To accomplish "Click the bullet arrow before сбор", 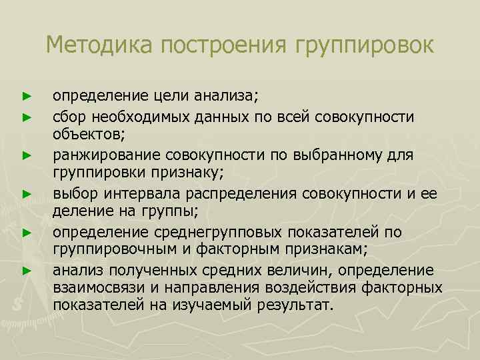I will (27, 117).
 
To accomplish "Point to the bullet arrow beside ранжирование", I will (27, 155).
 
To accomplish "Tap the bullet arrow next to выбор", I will (27, 194).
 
